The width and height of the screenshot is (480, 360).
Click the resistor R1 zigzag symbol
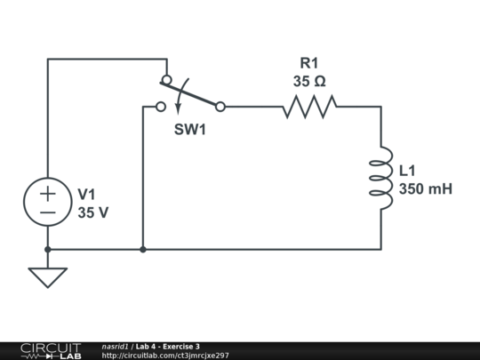pyautogui.click(x=309, y=108)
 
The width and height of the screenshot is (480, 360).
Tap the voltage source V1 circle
pyautogui.click(x=47, y=202)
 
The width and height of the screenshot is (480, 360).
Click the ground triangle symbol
pyautogui.click(x=47, y=276)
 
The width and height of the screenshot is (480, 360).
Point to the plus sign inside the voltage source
pyautogui.click(x=47, y=193)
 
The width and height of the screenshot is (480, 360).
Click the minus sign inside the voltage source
pyautogui.click(x=47, y=213)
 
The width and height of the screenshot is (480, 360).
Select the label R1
pyautogui.click(x=308, y=63)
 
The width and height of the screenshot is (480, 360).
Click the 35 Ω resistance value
pyautogui.click(x=308, y=81)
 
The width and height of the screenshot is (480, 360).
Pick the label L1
pyautogui.click(x=407, y=171)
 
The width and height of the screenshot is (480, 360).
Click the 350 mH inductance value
pyautogui.click(x=425, y=188)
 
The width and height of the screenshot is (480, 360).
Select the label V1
pyautogui.click(x=87, y=195)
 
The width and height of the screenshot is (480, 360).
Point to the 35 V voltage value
pyautogui.click(x=92, y=212)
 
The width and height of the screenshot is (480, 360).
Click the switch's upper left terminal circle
pyautogui.click(x=166, y=80)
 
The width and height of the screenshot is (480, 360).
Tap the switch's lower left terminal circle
pyautogui.click(x=160, y=107)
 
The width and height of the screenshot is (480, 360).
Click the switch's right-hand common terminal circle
pyautogui.click(x=220, y=107)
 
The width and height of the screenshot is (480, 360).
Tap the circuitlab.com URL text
pyautogui.click(x=165, y=356)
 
